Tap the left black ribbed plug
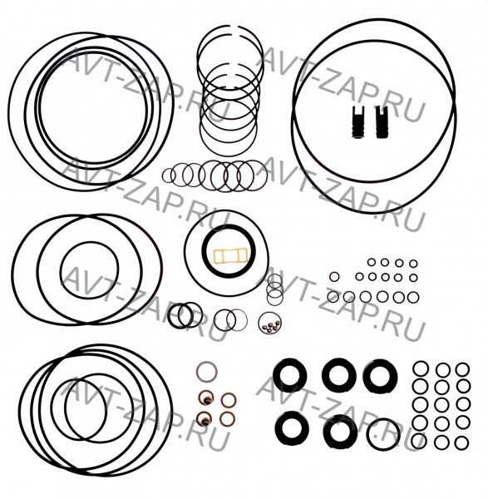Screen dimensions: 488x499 coord(357,122)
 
